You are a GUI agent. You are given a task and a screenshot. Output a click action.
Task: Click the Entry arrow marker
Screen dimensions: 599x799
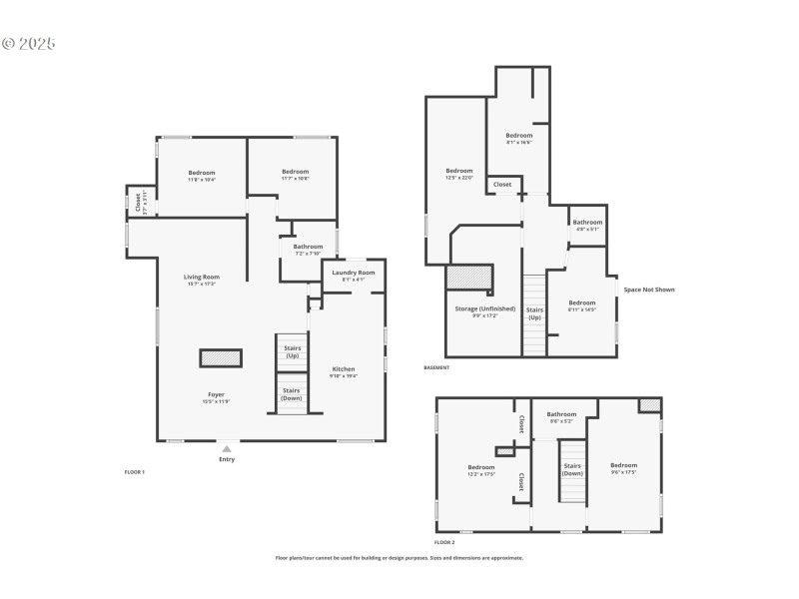click(x=227, y=449)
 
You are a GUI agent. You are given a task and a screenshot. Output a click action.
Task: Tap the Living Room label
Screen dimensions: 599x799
click(x=202, y=277)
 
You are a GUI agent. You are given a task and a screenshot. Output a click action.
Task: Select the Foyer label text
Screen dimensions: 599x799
click(x=216, y=394)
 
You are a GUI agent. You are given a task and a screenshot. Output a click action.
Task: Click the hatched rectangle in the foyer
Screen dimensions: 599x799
click(x=221, y=357)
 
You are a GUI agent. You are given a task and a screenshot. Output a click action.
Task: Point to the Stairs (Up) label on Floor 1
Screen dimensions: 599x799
click(x=292, y=351)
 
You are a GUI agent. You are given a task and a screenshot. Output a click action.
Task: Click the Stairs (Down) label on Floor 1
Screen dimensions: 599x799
click(x=292, y=393)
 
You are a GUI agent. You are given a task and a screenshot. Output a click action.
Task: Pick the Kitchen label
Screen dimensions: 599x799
click(x=343, y=369)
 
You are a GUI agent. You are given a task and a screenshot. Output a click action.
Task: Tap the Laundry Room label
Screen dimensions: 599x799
click(x=354, y=273)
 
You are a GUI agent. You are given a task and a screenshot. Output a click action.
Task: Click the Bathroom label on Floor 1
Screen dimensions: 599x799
click(x=308, y=247)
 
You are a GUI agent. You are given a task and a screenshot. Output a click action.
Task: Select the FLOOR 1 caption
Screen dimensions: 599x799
click(x=135, y=471)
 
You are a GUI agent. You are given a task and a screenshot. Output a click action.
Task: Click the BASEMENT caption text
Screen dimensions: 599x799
click(x=436, y=367)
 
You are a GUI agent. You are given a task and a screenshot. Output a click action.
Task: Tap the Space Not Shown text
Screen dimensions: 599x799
click(x=649, y=290)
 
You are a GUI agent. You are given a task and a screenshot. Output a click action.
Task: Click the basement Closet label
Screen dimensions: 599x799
click(x=502, y=185)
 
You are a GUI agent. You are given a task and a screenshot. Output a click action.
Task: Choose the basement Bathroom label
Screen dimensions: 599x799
click(x=587, y=222)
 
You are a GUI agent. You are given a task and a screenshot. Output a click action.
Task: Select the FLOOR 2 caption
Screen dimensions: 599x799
click(x=444, y=542)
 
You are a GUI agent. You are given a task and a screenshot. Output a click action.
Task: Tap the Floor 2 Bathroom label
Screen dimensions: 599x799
click(x=561, y=414)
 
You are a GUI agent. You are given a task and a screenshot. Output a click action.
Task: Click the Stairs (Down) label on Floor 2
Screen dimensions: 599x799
click(x=572, y=469)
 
